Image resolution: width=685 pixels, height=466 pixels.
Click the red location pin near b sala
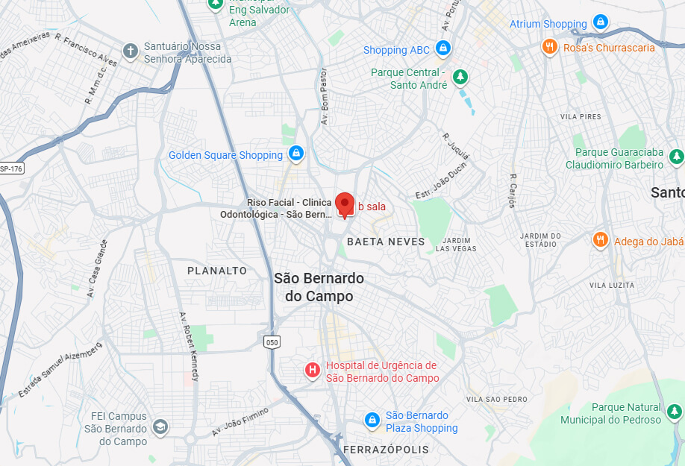point(344,204)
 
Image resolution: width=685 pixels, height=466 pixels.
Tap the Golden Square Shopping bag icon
point(296,154)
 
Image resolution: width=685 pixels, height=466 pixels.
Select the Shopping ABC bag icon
point(443,49)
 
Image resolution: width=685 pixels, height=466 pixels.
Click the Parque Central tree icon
point(461,76)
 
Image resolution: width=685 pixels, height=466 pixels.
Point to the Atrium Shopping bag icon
point(600,23)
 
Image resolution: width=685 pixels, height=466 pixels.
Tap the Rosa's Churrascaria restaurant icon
point(550,47)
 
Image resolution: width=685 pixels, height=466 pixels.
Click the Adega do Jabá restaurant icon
point(600,240)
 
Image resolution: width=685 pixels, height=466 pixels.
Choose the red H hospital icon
point(313,370)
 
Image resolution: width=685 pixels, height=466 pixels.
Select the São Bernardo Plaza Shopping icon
point(372,421)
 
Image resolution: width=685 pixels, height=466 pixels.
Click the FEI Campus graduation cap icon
point(160,427)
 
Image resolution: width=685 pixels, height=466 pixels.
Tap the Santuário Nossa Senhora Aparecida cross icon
point(131,51)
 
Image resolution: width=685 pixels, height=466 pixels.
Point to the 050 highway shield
point(272,342)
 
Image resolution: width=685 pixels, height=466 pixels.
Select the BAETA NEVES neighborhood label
point(386,242)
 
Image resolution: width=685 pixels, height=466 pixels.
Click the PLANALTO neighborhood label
point(216,271)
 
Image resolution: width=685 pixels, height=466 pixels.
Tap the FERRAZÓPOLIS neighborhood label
point(386,450)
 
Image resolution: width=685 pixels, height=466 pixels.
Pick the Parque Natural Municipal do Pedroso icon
point(675,412)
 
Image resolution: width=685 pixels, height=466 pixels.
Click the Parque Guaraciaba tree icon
point(676,157)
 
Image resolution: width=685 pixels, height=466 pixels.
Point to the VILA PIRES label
point(581,117)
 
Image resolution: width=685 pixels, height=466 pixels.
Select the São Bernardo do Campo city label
point(319,287)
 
